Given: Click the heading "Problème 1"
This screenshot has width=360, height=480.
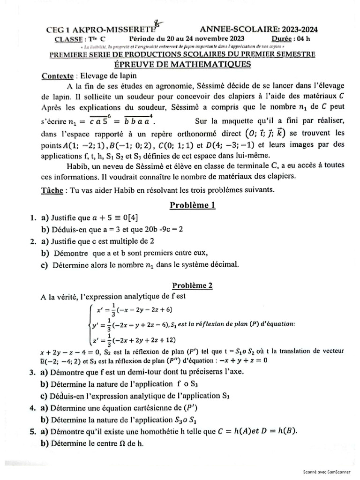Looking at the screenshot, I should point(192,205).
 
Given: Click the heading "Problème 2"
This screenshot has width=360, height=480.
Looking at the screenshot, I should point(192,285).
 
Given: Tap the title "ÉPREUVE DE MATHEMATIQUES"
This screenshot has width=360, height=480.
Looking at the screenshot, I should point(183,64).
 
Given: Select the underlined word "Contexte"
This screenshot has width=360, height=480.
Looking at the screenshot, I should point(58,75).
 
